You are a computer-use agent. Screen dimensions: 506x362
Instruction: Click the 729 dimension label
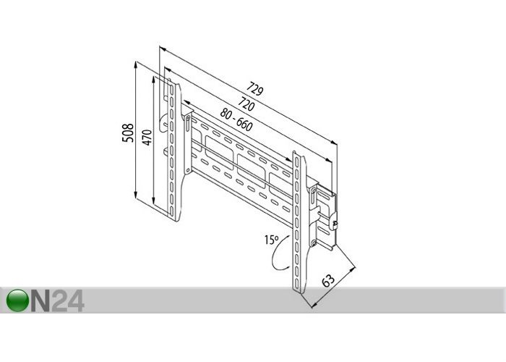pyautogui.click(x=255, y=89)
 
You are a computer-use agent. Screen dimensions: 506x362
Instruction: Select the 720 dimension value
pyautogui.click(x=246, y=104)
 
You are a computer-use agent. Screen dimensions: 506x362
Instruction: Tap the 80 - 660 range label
pyautogui.click(x=236, y=120)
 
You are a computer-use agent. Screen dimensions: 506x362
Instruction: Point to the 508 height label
pyautogui.click(x=128, y=132)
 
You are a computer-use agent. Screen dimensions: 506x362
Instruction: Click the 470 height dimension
pyautogui.click(x=147, y=138)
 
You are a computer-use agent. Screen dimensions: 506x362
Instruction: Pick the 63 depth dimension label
pyautogui.click(x=328, y=280)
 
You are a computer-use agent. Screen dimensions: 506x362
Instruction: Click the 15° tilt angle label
pyautogui.click(x=271, y=240)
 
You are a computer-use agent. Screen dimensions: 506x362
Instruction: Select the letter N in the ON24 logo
pyautogui.click(x=40, y=300)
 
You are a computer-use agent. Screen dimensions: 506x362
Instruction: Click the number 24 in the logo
pyautogui.click(x=68, y=300)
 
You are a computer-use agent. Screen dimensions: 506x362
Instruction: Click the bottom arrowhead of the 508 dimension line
pyautogui.click(x=136, y=195)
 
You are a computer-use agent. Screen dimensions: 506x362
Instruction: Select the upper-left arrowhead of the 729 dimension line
pyautogui.click(x=163, y=49)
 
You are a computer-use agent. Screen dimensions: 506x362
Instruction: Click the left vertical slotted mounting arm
pyautogui.click(x=174, y=152)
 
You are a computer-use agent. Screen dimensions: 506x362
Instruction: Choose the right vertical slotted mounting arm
pyautogui.click(x=299, y=222)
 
